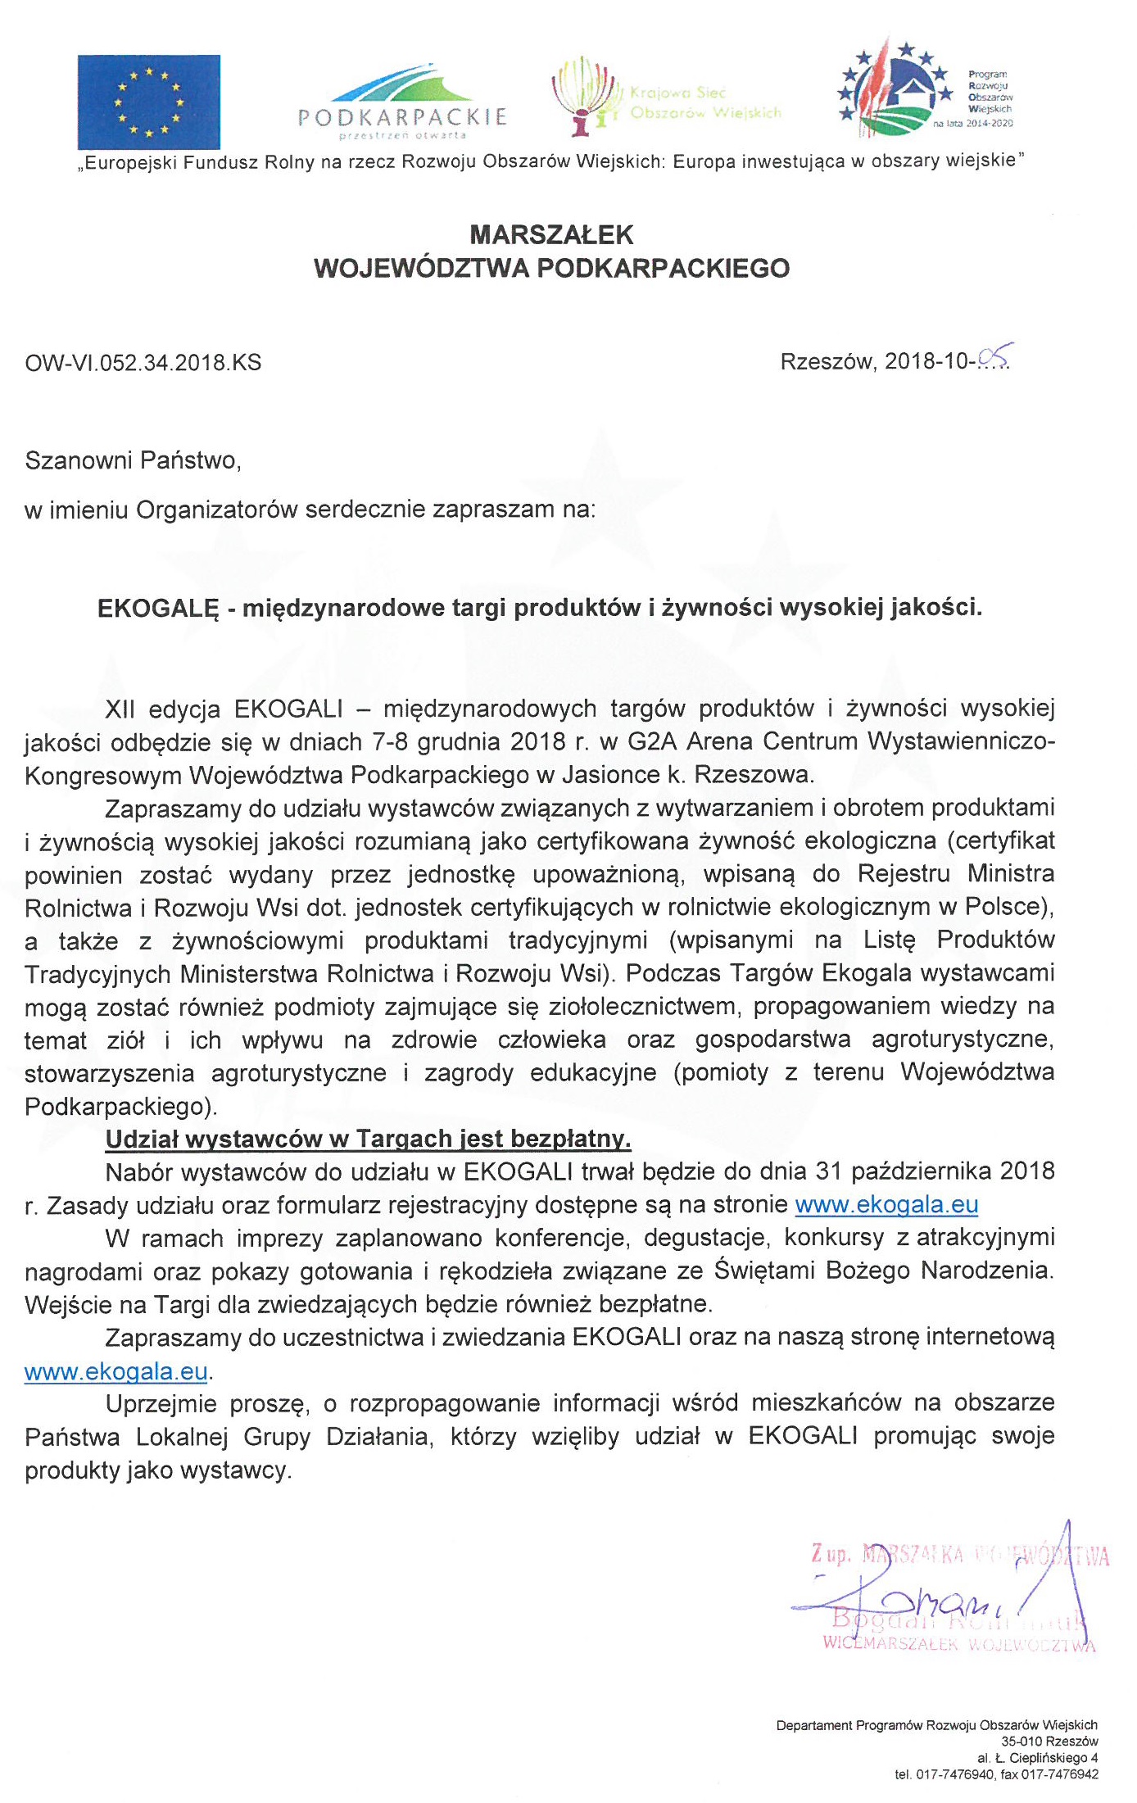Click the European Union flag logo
149,102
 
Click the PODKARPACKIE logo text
402,116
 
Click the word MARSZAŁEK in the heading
551,235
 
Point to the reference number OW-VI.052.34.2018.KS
143,362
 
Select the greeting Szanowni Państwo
133,460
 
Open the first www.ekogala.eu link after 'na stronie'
886,1205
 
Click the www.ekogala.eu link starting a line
116,1371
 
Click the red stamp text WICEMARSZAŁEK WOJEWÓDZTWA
958,1643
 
